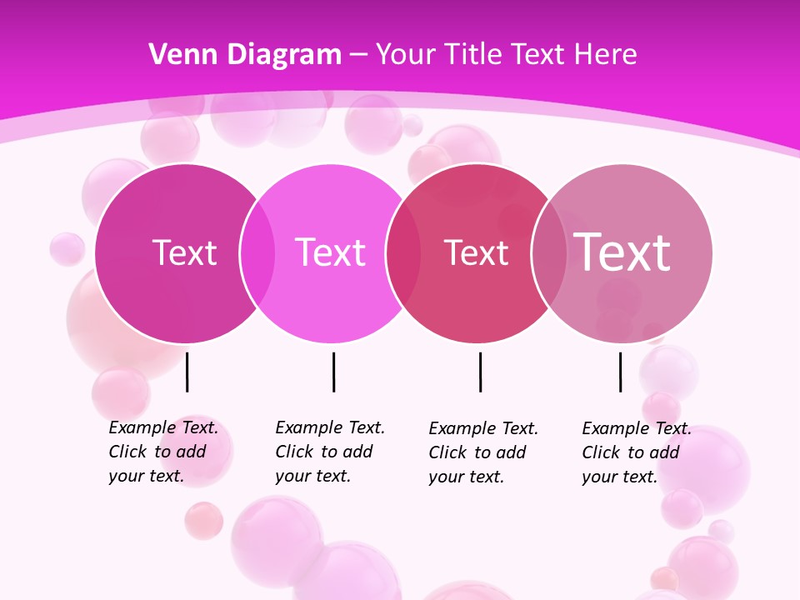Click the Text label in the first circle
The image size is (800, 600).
pyautogui.click(x=184, y=252)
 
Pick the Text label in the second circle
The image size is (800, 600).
pyautogui.click(x=331, y=252)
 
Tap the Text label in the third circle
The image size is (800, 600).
pyautogui.click(x=476, y=253)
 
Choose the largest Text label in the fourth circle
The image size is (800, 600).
pyautogui.click(x=622, y=252)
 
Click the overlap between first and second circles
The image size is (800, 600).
pyautogui.click(x=257, y=253)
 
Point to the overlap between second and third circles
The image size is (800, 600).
pyautogui.click(x=403, y=253)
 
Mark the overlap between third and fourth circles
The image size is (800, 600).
pyautogui.click(x=549, y=253)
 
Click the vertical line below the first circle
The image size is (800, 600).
pyautogui.click(x=187, y=372)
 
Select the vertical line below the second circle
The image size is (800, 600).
pyautogui.click(x=333, y=372)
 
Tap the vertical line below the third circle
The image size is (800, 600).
pyautogui.click(x=480, y=372)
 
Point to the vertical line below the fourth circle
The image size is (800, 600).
pyautogui.click(x=620, y=372)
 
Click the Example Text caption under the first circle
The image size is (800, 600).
pyautogui.click(x=162, y=452)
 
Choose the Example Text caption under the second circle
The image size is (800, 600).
pyautogui.click(x=329, y=452)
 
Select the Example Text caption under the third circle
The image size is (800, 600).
pyautogui.click(x=482, y=452)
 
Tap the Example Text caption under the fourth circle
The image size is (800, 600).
pyautogui.click(x=636, y=452)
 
